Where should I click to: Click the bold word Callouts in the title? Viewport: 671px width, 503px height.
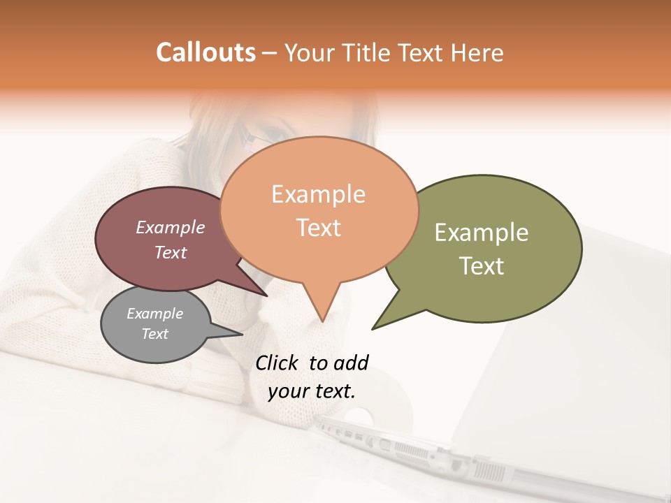coord(205,52)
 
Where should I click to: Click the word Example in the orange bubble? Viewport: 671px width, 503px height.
coord(318,194)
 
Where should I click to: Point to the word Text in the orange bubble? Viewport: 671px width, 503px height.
coord(319,228)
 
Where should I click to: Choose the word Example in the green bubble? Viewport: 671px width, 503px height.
coord(482,233)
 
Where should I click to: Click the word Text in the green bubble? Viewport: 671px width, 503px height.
coord(482,266)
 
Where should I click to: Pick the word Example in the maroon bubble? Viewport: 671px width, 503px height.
coord(171,227)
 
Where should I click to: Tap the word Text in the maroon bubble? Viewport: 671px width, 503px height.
coord(171,252)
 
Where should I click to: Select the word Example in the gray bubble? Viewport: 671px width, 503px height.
coord(155,314)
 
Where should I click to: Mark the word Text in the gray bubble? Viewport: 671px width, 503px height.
coord(155,334)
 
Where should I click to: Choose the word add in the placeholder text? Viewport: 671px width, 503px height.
coord(352,363)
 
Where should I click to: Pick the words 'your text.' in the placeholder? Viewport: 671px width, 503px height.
coord(311,391)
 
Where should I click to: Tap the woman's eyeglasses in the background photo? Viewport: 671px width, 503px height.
coord(255,140)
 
